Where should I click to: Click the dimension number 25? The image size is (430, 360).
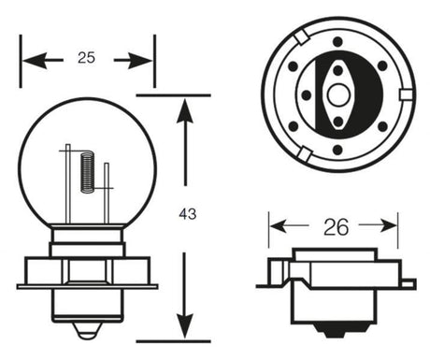tap(86, 58)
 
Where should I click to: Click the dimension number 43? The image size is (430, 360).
tap(188, 214)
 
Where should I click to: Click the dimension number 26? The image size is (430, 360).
tap(337, 227)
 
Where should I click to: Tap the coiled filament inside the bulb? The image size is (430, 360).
tap(87, 172)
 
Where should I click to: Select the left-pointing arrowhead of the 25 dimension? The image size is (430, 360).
tap(35, 60)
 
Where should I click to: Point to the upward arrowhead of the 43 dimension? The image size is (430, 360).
tap(185, 113)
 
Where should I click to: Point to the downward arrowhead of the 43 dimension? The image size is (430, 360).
tap(185, 325)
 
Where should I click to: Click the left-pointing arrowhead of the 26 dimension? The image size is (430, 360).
tap(279, 225)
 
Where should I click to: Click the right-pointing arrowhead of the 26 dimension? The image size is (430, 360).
tap(388, 225)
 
